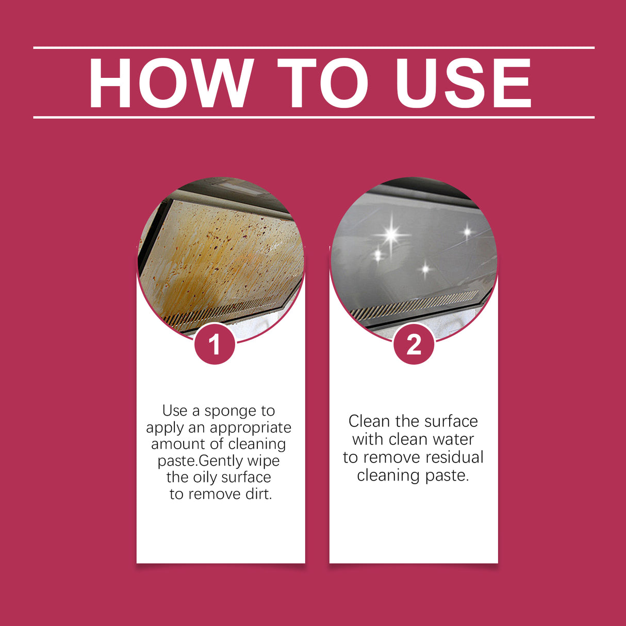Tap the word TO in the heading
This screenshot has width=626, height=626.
click(322, 84)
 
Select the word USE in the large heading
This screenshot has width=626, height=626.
click(463, 84)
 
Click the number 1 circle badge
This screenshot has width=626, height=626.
click(215, 344)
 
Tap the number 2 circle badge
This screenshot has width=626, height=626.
click(414, 344)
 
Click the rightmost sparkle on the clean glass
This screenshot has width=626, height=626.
click(467, 232)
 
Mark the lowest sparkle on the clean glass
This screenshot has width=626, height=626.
click(425, 269)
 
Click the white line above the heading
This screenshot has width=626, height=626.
click(314, 48)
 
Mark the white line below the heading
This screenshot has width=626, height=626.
click(314, 118)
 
